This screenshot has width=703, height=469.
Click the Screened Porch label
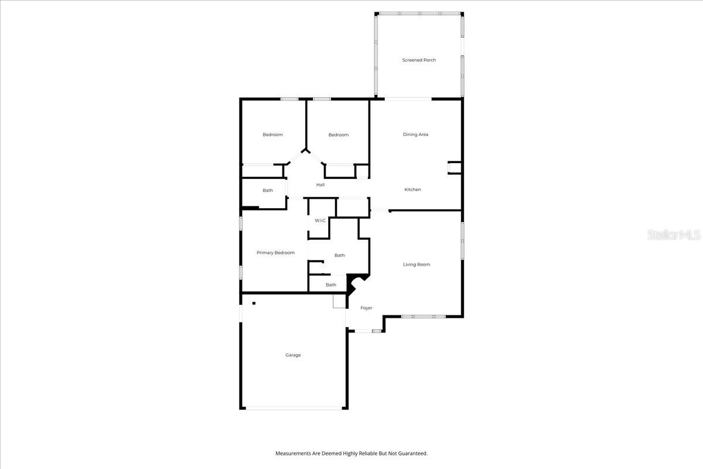click(x=419, y=60)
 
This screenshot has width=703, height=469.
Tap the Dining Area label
click(x=415, y=134)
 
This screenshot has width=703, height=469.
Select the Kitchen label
click(x=412, y=189)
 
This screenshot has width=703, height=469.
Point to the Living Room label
click(x=417, y=264)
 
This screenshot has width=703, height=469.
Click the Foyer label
click(x=366, y=308)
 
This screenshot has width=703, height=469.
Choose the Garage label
click(x=293, y=355)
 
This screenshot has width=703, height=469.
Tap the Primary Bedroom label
click(x=275, y=253)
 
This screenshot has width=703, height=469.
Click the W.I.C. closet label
click(x=320, y=220)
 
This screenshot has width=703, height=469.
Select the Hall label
click(x=320, y=185)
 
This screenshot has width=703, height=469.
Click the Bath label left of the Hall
click(x=268, y=191)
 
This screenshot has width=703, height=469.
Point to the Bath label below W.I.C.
click(x=340, y=256)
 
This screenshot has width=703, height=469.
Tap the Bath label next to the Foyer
click(x=331, y=285)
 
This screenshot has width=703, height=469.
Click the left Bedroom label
click(x=273, y=135)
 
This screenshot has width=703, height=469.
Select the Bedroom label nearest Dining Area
click(x=339, y=135)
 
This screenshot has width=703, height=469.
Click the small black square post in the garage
click(x=254, y=303)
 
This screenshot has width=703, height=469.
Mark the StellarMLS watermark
click(x=674, y=235)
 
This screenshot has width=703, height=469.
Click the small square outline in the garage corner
click(x=339, y=301)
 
